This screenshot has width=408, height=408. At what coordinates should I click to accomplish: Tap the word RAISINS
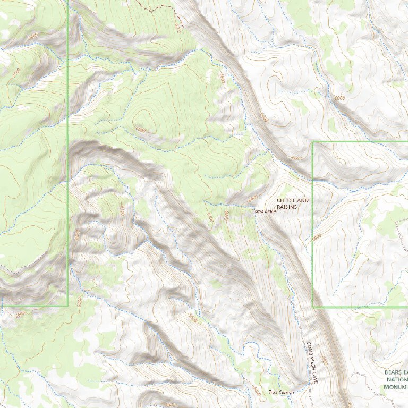[x=286, y=207]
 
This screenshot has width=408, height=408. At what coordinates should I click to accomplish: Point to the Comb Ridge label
[x=264, y=211]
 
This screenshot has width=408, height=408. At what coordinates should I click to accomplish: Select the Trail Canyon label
[x=281, y=392]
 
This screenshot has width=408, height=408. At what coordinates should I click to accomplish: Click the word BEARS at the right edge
[x=396, y=372]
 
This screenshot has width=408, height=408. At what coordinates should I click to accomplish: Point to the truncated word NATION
[x=396, y=380]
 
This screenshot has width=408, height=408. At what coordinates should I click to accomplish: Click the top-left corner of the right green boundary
[x=313, y=142]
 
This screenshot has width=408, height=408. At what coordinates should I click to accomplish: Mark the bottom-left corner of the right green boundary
[x=313, y=307]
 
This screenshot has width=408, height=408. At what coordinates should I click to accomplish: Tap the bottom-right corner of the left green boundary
[x=68, y=306]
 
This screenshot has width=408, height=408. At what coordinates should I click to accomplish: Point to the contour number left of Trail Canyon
[x=257, y=392]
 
